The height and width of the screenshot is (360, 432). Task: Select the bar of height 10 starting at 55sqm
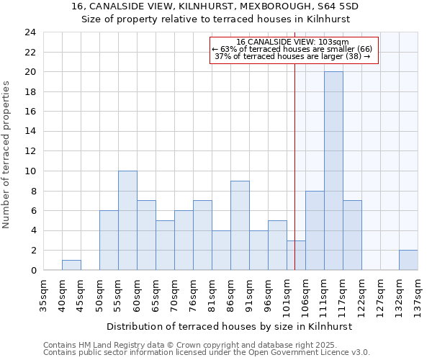(127, 220)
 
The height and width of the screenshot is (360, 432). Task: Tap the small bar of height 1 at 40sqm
(71, 265)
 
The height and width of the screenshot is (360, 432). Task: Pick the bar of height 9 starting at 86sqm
(240, 225)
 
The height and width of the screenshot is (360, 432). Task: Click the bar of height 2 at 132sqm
(408, 260)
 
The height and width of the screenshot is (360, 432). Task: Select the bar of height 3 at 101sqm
(296, 255)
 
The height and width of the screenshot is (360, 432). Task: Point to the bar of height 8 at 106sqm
(315, 230)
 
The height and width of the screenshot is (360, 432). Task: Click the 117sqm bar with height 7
(352, 235)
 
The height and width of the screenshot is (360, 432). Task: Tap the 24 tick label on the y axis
(30, 32)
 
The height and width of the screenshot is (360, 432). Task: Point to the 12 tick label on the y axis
(30, 151)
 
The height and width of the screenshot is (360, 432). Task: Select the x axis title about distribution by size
(230, 326)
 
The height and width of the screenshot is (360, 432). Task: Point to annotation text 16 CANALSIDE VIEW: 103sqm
(292, 42)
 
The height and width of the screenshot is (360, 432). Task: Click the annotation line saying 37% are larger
(292, 56)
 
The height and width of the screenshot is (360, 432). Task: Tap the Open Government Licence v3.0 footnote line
(207, 353)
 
